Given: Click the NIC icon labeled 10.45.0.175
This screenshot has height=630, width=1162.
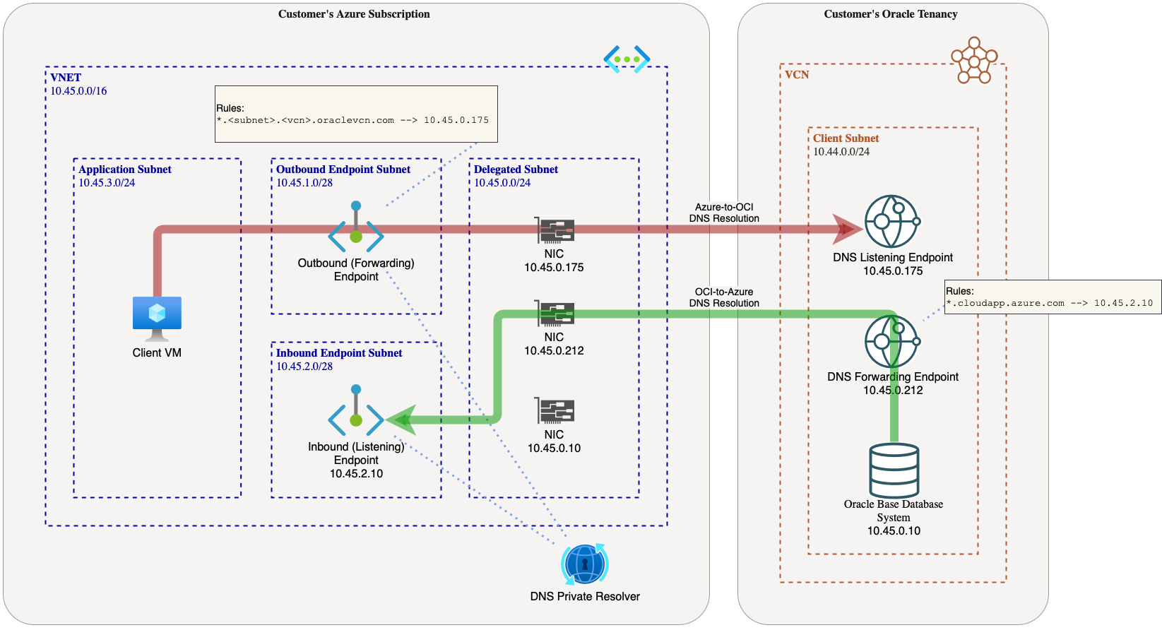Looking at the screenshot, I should tap(555, 230).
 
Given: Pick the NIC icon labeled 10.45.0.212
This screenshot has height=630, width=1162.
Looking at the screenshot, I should tap(555, 314).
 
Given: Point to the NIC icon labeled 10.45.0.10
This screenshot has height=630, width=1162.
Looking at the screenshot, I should tap(555, 411).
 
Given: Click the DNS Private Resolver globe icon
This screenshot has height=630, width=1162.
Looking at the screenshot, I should tap(585, 564).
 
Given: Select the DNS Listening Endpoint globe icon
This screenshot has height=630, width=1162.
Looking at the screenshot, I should tap(892, 221).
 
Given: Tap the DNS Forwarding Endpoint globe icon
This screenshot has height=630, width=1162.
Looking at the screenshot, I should tap(892, 341).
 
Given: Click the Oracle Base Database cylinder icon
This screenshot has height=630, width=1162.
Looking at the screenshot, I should tap(894, 470).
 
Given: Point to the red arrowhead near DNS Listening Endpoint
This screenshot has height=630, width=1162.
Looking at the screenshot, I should tap(846, 229).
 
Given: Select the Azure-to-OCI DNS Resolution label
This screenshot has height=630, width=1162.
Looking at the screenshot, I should tap(724, 213).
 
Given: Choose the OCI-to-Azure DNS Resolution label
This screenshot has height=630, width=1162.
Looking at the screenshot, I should tap(724, 297).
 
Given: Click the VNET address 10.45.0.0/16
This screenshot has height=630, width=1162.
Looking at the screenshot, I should tap(78, 91).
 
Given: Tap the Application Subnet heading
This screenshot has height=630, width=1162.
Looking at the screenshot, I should tap(125, 170).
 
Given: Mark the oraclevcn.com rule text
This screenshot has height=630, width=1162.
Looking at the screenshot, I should tap(352, 120).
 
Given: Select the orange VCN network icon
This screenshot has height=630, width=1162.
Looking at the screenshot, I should tap(974, 60).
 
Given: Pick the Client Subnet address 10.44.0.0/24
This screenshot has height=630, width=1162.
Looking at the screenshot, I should tap(841, 152).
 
